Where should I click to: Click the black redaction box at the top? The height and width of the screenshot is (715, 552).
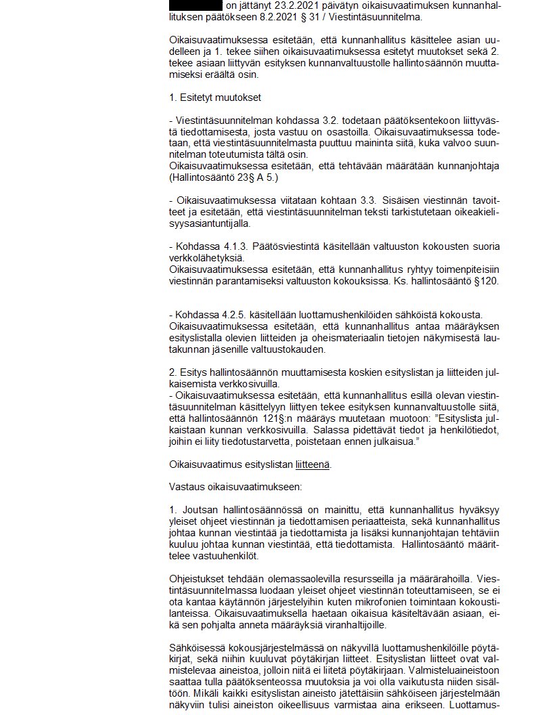(195, 5)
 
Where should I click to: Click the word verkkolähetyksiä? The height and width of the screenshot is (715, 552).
(202, 258)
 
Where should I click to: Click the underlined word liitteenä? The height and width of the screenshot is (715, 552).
(313, 464)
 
